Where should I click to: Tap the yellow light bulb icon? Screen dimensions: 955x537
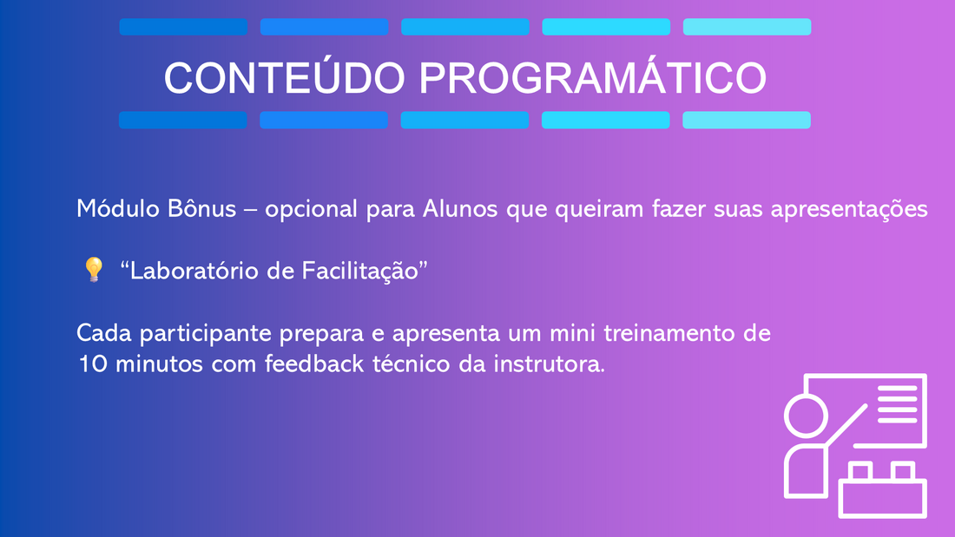pyautogui.click(x=94, y=269)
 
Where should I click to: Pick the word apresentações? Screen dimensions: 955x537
pyautogui.click(x=849, y=209)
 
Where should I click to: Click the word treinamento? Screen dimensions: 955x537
pyautogui.click(x=669, y=333)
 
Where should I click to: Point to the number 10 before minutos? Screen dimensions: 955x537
pyautogui.click(x=92, y=364)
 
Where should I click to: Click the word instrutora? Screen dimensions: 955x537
pyautogui.click(x=549, y=363)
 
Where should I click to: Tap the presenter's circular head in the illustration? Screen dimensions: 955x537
pyautogui.click(x=806, y=416)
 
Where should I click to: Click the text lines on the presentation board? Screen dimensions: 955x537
pyautogui.click(x=898, y=403)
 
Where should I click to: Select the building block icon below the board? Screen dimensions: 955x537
pyautogui.click(x=883, y=490)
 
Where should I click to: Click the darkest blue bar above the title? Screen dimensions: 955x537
pyautogui.click(x=183, y=27)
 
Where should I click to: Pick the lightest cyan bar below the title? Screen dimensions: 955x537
pyautogui.click(x=746, y=120)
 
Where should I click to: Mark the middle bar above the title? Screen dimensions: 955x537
pyautogui.click(x=465, y=27)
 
